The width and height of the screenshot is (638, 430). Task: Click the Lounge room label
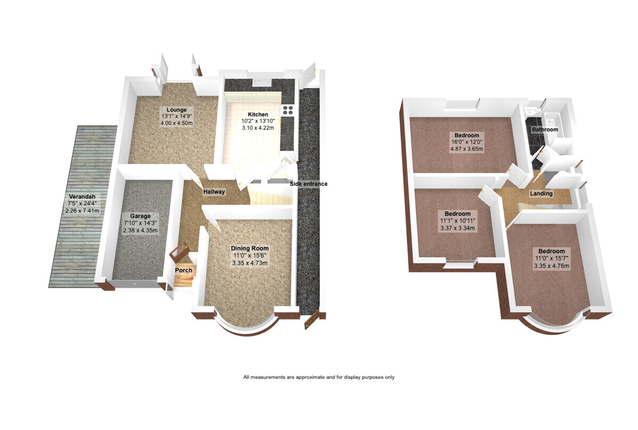coord(177,110)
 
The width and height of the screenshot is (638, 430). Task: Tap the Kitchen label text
coord(258,114)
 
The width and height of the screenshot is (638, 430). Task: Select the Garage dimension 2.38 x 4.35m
coord(140,230)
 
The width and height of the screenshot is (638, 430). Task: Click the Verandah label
coord(82,196)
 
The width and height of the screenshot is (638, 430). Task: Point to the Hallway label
coord(214,192)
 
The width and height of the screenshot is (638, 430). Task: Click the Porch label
coord(183,270)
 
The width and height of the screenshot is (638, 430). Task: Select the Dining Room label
coord(250,248)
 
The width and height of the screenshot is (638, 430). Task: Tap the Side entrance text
coord(308,184)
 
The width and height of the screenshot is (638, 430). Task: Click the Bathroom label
coord(545,130)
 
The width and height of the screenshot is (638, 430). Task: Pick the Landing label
coord(541,194)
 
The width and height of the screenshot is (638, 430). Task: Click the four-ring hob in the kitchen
coord(288,110)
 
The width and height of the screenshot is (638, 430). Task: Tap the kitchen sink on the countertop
coord(262,83)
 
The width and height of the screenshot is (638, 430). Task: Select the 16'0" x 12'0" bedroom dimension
coord(467,142)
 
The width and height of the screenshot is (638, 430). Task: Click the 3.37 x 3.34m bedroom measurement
coord(457,228)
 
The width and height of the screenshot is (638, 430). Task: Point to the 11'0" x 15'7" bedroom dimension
coord(551,259)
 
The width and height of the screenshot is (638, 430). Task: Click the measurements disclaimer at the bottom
coord(318,377)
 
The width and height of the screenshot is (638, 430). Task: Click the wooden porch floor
coord(183,280)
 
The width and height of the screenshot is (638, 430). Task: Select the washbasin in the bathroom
coord(531,110)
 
